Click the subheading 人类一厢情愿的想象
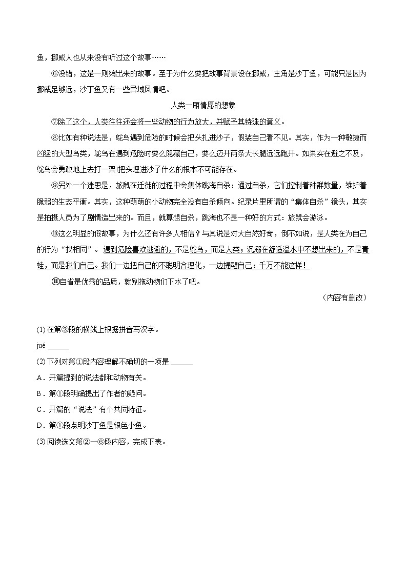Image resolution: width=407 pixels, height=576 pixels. tap(203, 106)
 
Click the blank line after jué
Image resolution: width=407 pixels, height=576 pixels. tap(58, 347)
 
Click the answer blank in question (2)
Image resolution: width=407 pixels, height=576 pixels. tap(181, 362)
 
